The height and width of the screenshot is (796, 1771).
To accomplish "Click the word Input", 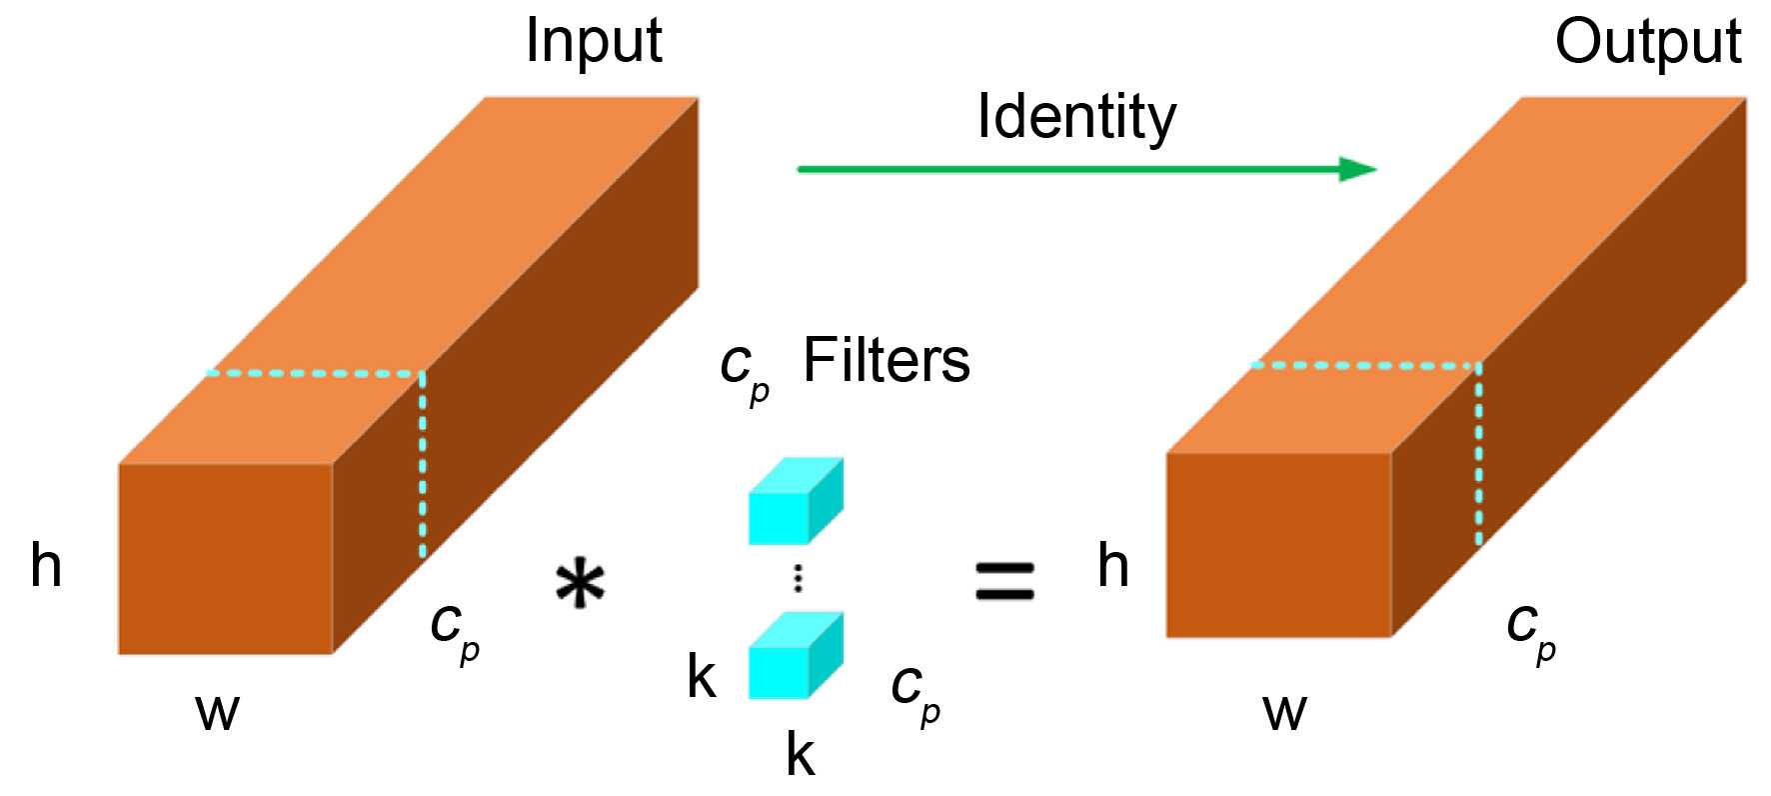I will [594, 42].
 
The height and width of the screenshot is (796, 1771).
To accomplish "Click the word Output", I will [1647, 42].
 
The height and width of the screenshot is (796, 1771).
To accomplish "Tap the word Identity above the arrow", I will [1076, 117].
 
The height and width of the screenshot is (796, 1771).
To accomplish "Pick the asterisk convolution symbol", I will [581, 585].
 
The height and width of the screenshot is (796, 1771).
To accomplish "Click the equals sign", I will [1004, 581].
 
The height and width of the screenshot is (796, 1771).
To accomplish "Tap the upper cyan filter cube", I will [795, 502].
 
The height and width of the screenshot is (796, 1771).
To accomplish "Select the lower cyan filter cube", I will [795, 656].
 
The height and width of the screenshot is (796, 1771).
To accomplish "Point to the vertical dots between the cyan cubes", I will [798, 578].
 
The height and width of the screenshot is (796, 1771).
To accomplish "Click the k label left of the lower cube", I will [702, 677].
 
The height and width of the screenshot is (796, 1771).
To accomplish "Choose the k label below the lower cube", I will [800, 754].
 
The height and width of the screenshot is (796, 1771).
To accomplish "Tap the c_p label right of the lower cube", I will [915, 690].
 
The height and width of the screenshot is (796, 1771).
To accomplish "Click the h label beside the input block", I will [46, 565].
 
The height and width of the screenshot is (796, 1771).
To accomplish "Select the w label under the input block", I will [218, 712].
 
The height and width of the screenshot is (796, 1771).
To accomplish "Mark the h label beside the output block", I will [1113, 565].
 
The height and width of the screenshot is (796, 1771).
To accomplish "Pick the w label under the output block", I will [1284, 712].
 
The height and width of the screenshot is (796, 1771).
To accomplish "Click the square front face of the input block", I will [225, 559].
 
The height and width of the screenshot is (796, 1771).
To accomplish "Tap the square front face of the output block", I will [1278, 545].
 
